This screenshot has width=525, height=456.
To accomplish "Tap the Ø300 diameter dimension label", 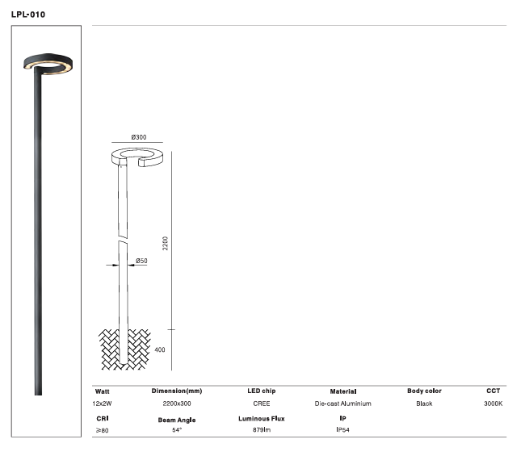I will pyautogui.click(x=139, y=137).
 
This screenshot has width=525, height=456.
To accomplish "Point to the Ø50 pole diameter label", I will pyautogui.click(x=141, y=261).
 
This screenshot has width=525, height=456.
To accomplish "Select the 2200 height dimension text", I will pyautogui.click(x=166, y=243).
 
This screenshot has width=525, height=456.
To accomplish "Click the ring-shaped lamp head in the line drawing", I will pyautogui.click(x=137, y=156).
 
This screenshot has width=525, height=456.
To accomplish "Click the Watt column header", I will pyautogui.click(x=103, y=391).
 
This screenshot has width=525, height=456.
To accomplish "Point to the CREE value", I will pyautogui.click(x=262, y=403).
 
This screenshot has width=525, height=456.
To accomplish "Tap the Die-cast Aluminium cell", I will pyautogui.click(x=342, y=403).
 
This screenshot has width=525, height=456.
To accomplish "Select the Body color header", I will pyautogui.click(x=424, y=391).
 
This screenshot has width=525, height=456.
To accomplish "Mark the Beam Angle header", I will pyautogui.click(x=177, y=420).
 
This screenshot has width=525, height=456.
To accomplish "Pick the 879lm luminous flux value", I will pyautogui.click(x=262, y=431).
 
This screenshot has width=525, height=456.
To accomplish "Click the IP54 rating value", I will pyautogui.click(x=343, y=431).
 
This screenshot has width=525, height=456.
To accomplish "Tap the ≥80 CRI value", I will pyautogui.click(x=103, y=431).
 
